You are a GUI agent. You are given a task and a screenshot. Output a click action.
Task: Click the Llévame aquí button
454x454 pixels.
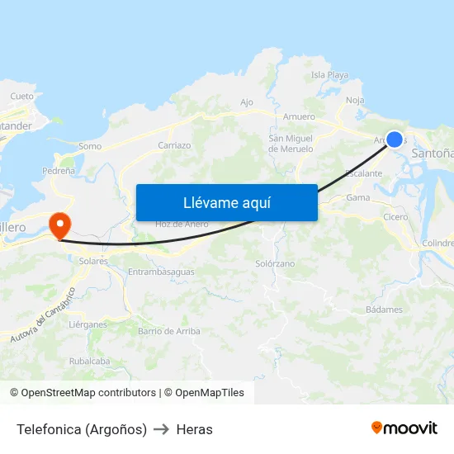226,202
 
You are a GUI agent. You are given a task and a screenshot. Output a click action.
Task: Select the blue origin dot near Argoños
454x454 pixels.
395,140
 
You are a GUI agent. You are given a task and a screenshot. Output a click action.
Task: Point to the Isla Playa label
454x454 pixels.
329,75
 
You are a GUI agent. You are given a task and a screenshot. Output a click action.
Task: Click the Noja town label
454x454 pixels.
355,100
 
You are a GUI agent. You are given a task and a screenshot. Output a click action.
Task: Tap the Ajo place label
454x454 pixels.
246,102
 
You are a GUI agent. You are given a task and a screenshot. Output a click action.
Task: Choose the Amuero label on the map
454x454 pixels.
299,116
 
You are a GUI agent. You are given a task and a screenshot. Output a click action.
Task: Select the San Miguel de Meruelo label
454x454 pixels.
291,144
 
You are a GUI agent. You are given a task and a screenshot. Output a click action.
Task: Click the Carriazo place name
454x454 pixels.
174,145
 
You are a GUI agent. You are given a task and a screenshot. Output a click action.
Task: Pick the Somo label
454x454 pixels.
90,146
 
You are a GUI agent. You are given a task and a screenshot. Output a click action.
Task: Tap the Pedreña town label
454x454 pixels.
58,171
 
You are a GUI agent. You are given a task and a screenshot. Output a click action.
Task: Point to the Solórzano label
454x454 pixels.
275,263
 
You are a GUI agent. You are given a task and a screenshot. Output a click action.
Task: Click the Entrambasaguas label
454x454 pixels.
162,272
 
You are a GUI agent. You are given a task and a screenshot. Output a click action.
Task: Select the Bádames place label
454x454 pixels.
384,310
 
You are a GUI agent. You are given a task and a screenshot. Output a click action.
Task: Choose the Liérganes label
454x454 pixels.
88,324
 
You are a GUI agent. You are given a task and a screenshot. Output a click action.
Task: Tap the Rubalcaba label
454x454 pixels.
89,361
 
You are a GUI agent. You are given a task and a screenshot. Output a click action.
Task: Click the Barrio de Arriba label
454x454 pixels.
169,331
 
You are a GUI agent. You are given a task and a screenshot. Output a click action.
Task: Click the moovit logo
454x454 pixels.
404,428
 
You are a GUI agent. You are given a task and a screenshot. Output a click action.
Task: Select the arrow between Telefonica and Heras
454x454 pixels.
162,429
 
